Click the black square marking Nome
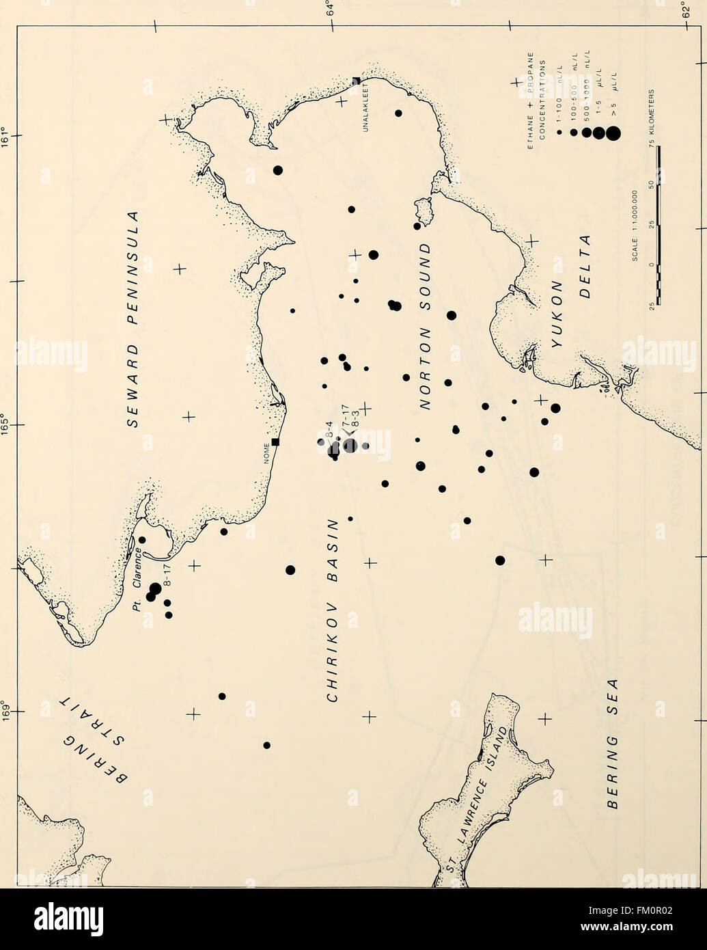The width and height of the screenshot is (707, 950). pyautogui.click(x=275, y=442)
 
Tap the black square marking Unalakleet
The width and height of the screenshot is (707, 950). pyautogui.click(x=356, y=81)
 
